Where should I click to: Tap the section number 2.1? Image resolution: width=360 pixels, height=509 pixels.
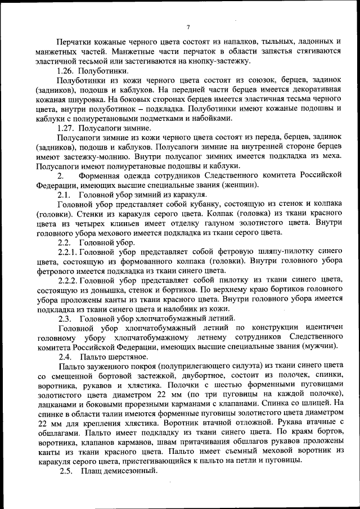click(64, 195)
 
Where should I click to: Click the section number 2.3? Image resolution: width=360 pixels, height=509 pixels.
click(64, 318)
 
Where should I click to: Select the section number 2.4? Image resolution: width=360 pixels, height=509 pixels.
click(64, 357)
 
